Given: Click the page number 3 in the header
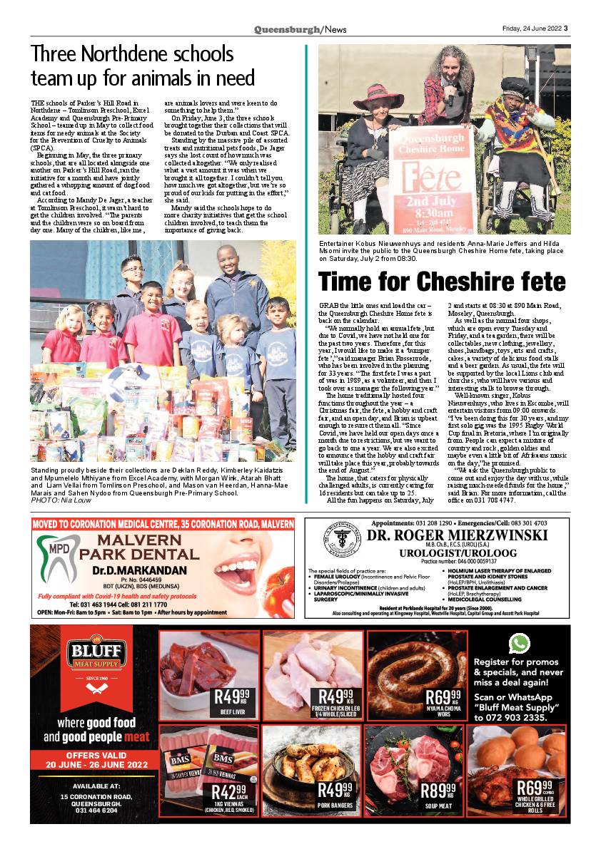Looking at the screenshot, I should click(565, 29).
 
